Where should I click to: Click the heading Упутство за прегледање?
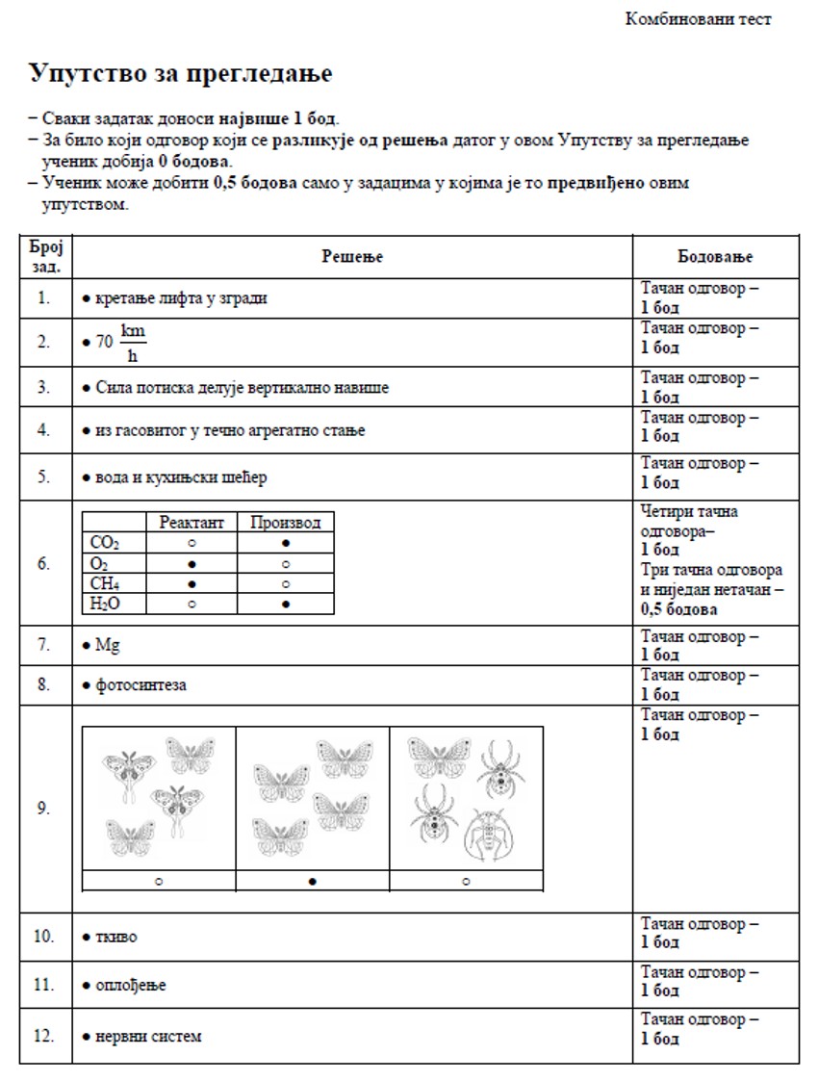(x=180, y=73)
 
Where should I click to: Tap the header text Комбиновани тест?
(x=698, y=19)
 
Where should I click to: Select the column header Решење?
(x=352, y=256)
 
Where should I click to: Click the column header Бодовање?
(x=715, y=256)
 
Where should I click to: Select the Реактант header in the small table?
(x=191, y=522)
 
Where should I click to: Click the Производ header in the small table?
(x=286, y=522)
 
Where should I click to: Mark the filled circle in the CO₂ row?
(x=286, y=543)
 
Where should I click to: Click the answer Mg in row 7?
(x=107, y=645)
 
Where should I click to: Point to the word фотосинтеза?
(x=141, y=685)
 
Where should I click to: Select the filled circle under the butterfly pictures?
(x=313, y=880)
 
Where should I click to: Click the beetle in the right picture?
(x=491, y=834)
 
